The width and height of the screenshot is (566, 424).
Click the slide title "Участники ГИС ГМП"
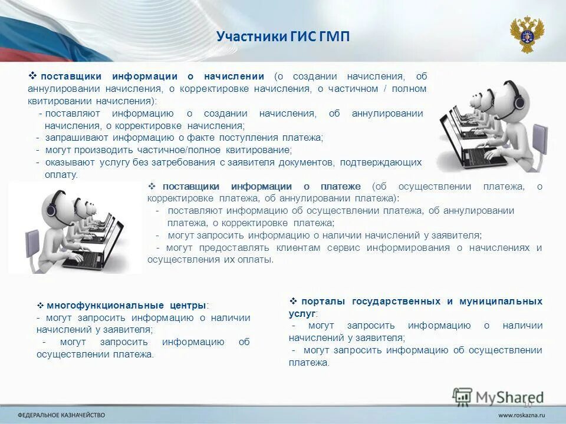[283, 37]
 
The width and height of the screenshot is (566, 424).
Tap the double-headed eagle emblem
[526, 34]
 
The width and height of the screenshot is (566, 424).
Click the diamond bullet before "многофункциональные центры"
[41, 306]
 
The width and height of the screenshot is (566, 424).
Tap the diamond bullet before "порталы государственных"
[294, 301]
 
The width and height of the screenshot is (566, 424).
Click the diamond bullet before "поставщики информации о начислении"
[33, 76]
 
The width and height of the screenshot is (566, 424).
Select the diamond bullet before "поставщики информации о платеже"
[153, 186]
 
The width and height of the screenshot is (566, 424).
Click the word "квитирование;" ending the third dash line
[264, 150]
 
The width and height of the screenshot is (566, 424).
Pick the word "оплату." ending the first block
[61, 175]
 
